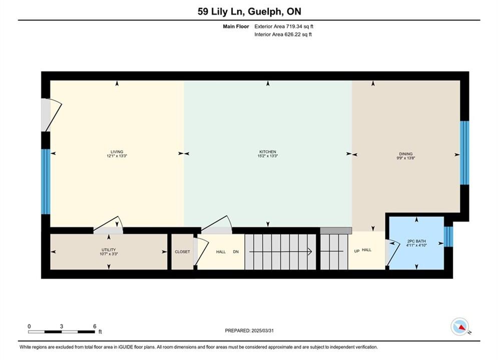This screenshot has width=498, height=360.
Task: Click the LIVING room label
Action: tap(117, 151)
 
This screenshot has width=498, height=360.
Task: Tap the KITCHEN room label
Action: tap(268, 151)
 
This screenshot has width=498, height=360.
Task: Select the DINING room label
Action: tap(406, 153)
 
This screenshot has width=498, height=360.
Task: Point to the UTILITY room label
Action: tap(109, 249)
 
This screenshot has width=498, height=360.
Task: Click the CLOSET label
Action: tap(182, 251)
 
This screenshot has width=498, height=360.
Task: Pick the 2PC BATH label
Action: tap(416, 241)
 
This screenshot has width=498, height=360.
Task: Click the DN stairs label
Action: tap(236, 251)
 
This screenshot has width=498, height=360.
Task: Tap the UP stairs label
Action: tap(357, 251)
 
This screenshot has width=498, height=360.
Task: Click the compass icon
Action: tap(459, 326)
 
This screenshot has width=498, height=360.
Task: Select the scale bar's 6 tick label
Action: tap(95, 326)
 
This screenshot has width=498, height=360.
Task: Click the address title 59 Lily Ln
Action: tap(221, 11)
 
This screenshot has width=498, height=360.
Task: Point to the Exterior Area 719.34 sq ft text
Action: tap(284, 26)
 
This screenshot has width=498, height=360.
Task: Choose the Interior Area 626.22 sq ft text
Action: tap(283, 34)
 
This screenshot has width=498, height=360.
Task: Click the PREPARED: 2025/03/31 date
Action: tap(249, 330)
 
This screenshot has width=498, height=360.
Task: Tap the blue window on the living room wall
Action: tap(46, 181)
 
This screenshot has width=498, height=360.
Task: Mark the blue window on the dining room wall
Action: tap(464, 152)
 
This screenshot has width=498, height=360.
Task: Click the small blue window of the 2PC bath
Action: tap(448, 236)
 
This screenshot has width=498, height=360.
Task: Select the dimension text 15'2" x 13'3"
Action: tap(268, 156)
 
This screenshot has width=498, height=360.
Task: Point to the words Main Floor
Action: tap(236, 26)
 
